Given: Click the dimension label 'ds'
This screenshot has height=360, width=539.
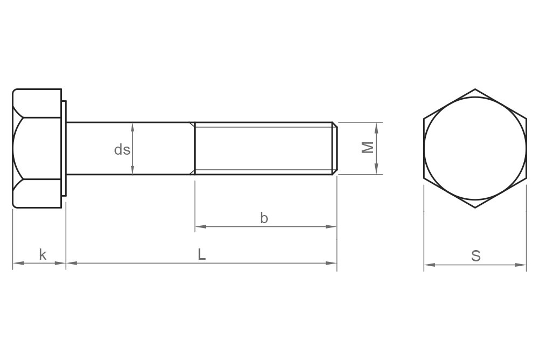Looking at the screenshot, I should point(122,149).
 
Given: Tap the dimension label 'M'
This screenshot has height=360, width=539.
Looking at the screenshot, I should point(368,148).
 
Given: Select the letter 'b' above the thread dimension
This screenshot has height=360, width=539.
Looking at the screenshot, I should point(264,218).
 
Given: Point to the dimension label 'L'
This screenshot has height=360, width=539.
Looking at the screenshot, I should point(202,254).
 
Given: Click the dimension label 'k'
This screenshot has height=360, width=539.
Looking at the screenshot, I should point(43,254).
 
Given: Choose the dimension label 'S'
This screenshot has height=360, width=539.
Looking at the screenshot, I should point(475,256).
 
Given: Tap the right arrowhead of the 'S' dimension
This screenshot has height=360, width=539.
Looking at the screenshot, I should point(522,265).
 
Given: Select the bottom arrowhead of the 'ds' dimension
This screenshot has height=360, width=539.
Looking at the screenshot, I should point(133,171).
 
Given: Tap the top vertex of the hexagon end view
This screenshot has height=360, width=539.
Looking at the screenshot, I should point(475,89).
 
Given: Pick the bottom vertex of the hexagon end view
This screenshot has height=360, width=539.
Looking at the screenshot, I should point(475,207).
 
